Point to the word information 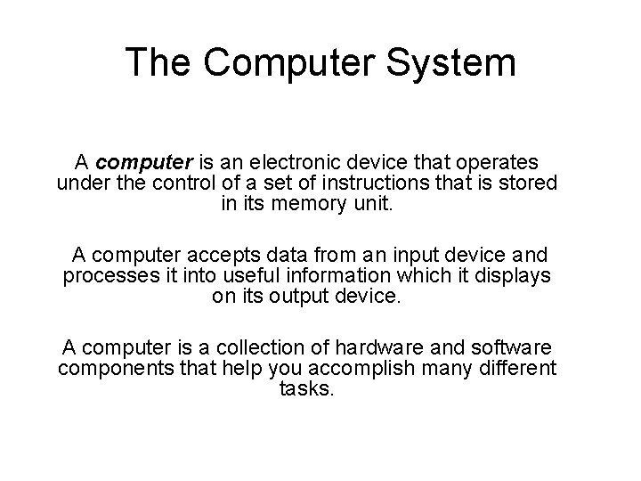(x=339, y=275)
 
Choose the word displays (x=505, y=275)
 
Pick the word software (x=507, y=346)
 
